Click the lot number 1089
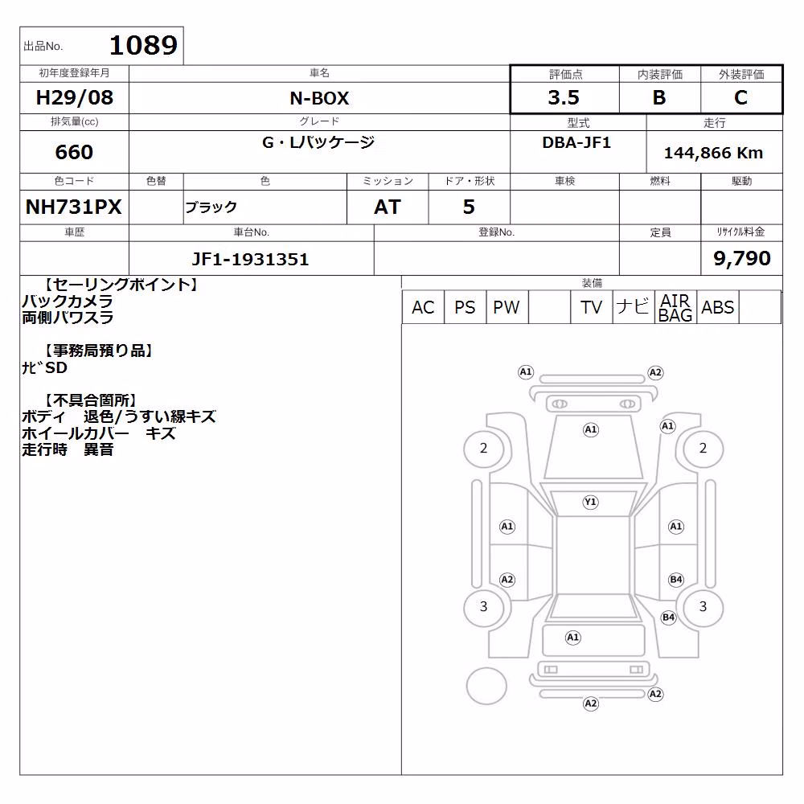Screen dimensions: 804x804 click(x=144, y=46)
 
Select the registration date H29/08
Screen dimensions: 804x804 click(x=74, y=97)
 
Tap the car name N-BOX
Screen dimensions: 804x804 click(x=319, y=98)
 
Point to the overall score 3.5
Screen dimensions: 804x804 click(x=564, y=97)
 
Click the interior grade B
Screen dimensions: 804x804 click(x=659, y=97)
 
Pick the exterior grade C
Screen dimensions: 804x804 click(x=740, y=97)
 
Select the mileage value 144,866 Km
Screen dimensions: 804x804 click(x=713, y=153)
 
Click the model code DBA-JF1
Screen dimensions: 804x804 click(x=576, y=142)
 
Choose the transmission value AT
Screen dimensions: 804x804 click(x=388, y=207)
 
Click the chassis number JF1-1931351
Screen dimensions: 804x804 click(x=250, y=259)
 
